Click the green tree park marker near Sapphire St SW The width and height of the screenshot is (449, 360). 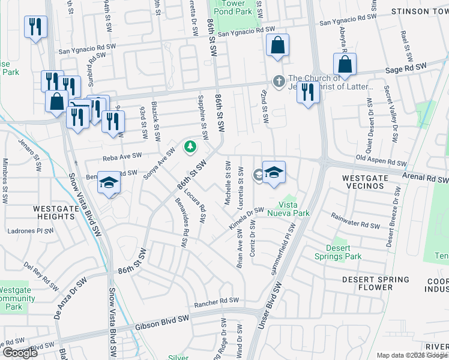(x=190, y=146)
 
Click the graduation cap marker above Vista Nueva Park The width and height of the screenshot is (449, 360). (x=274, y=173)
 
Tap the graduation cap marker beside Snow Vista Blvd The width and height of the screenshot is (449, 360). (x=109, y=183)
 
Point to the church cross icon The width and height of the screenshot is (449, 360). (x=279, y=80)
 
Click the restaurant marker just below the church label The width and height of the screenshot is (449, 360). (x=307, y=92)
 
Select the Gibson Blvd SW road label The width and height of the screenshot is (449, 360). (x=162, y=322)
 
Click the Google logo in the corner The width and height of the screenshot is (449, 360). (x=20, y=352)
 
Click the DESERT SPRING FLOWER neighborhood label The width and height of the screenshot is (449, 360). (x=375, y=283)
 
